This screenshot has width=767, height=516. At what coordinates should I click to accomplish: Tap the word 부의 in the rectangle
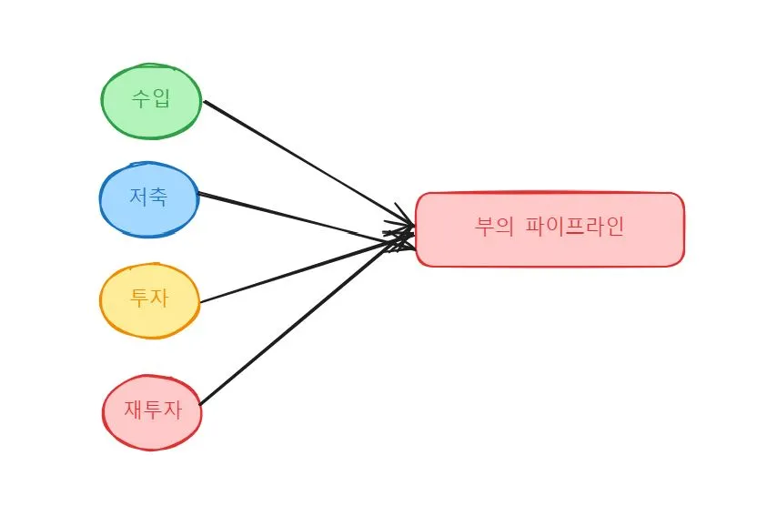[496, 227]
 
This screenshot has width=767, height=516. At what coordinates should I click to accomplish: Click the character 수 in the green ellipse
[141, 98]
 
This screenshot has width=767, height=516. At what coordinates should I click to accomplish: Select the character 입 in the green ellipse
[161, 98]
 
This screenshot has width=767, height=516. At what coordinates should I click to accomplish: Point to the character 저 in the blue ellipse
[138, 197]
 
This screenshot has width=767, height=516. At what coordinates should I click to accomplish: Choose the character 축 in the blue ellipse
[158, 197]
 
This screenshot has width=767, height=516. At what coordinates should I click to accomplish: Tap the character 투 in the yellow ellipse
[139, 298]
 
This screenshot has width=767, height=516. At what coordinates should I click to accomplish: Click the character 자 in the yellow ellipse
[159, 298]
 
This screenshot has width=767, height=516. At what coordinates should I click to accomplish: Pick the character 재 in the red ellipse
[133, 410]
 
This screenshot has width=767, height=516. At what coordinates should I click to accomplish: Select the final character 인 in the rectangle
[615, 227]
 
